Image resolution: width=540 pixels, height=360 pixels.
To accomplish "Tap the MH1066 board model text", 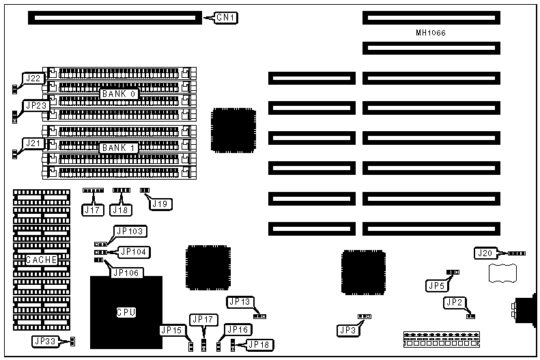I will click(x=431, y=33).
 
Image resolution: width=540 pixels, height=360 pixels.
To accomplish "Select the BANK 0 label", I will click(x=119, y=94).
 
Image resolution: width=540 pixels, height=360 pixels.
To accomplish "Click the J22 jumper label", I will click(x=33, y=79).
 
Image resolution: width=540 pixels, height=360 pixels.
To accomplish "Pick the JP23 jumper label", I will click(x=35, y=106).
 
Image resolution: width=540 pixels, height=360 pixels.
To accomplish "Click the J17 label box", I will click(x=92, y=210).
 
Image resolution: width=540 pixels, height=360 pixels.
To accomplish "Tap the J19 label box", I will click(x=159, y=204).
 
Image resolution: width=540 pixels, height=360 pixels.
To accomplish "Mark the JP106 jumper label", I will click(x=126, y=272).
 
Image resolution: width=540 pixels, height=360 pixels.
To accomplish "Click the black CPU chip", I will click(x=126, y=312).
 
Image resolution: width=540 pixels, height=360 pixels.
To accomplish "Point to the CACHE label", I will click(x=42, y=260).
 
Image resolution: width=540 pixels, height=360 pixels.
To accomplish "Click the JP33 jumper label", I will click(x=46, y=341).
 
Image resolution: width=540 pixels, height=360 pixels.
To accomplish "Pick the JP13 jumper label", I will click(x=240, y=302).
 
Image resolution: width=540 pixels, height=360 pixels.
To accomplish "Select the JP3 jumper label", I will click(x=347, y=330).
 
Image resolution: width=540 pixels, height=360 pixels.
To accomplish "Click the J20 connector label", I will click(x=485, y=253).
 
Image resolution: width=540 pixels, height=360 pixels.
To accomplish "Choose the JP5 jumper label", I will click(x=437, y=285).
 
